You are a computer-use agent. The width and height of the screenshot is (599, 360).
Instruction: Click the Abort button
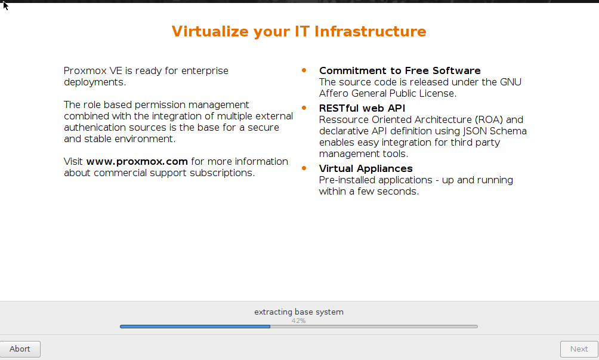click(20, 349)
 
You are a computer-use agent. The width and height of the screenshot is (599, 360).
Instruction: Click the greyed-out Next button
click(579, 349)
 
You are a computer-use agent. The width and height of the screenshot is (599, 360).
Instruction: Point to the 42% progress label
click(298, 321)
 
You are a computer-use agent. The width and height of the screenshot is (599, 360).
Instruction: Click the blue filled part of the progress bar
click(195, 327)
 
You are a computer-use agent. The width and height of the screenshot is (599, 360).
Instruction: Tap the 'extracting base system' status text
click(299, 312)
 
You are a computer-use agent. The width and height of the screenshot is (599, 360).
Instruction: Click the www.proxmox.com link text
click(137, 162)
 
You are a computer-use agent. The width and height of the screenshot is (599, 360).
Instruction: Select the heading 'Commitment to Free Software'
click(400, 70)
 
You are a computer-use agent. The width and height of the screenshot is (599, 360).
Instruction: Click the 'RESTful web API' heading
click(362, 108)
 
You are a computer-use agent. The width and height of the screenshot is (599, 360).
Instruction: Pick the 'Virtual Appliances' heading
click(366, 168)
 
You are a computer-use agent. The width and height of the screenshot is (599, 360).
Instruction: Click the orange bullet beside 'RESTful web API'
click(304, 108)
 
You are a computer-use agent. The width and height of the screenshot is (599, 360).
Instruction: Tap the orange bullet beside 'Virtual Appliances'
click(304, 168)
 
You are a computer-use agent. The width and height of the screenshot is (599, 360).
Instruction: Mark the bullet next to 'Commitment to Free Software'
click(304, 70)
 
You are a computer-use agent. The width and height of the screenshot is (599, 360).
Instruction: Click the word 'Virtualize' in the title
click(210, 31)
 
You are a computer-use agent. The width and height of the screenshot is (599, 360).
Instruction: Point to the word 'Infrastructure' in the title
click(370, 31)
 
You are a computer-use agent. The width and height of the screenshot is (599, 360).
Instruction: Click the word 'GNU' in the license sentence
click(510, 82)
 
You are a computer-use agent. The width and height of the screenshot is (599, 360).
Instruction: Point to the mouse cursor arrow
click(5, 6)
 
